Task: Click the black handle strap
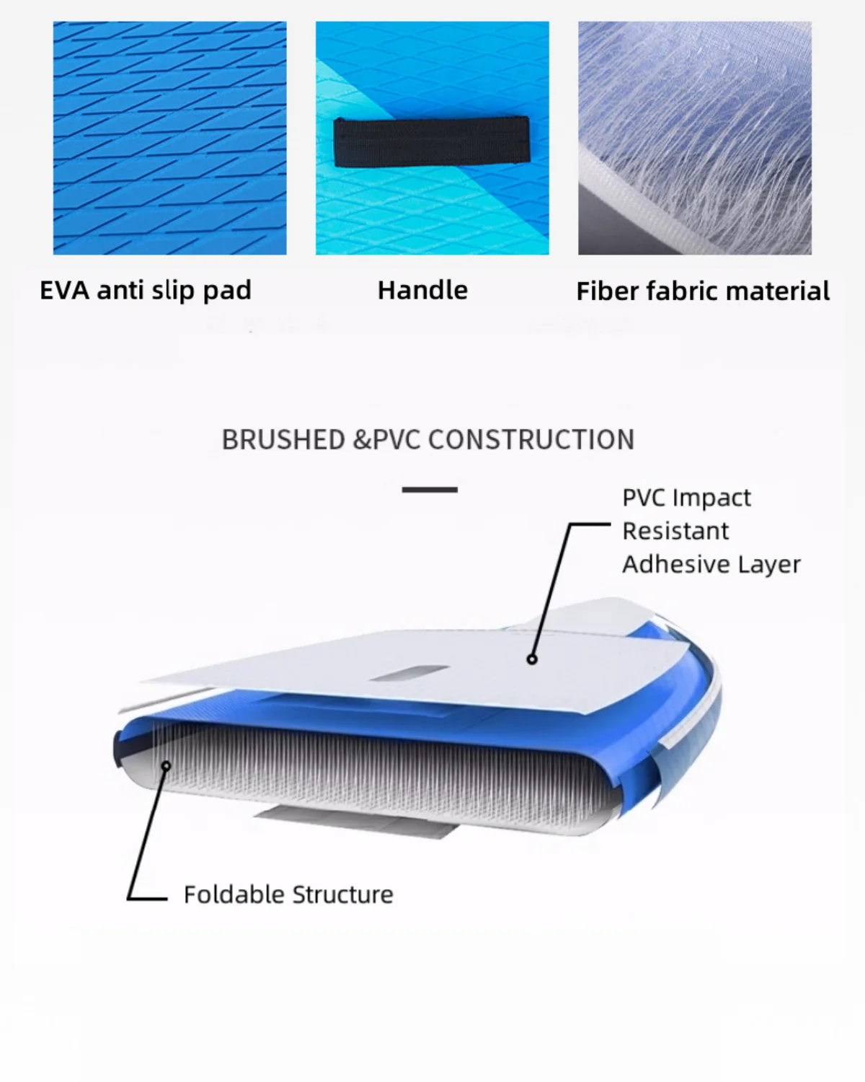point(432,141)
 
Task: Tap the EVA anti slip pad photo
point(169,138)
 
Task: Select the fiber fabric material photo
point(694,138)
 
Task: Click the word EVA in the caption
point(64,290)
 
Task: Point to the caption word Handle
point(422,290)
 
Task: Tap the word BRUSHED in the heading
point(283,440)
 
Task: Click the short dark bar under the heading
point(430,490)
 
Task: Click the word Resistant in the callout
point(675,531)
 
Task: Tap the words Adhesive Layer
point(711,564)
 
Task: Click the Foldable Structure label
point(288,894)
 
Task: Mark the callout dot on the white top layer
point(532,659)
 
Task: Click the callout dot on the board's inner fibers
point(166,765)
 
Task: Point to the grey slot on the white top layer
point(409,674)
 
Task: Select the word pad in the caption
point(227,290)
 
